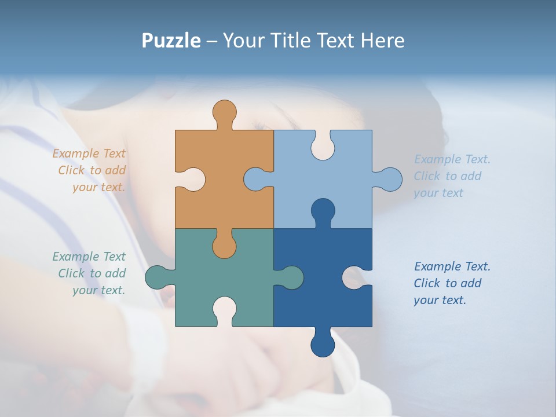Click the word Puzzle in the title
click(x=171, y=41)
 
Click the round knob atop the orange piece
click(x=224, y=111)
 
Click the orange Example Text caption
click(x=90, y=170)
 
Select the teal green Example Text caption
click(x=90, y=273)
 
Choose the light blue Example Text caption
click(x=451, y=176)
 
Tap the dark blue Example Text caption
click(x=451, y=283)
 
